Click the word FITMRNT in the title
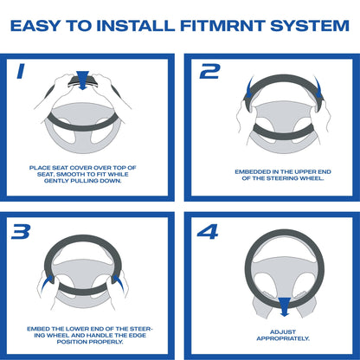coord(222,26)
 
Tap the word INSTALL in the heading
coord(136,26)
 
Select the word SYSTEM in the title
coord(310,26)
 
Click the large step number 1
coord(21,71)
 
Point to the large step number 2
coord(210,71)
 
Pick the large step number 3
coord(21,232)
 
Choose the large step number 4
coord(208,232)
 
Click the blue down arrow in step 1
coord(83,80)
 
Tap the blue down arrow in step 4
coord(285,307)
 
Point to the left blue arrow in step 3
coord(47,283)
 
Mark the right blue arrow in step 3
coord(119,283)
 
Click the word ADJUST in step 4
coord(283,332)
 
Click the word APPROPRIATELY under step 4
coord(283,338)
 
